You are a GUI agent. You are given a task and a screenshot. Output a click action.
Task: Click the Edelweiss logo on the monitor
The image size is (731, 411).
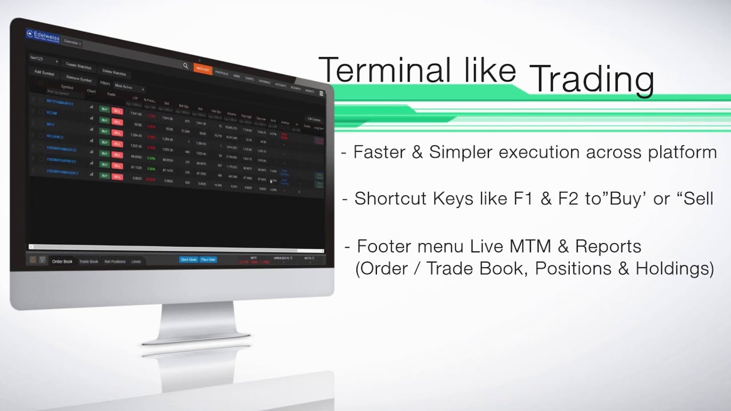[x=43, y=35]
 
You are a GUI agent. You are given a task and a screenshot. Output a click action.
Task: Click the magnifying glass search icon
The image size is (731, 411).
[x=186, y=66]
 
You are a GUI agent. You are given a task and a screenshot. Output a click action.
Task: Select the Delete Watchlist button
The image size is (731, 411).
[x=114, y=72]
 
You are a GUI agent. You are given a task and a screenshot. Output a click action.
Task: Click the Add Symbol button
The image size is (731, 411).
[x=45, y=72]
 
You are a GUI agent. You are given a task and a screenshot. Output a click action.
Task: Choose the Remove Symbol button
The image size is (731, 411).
[x=78, y=79]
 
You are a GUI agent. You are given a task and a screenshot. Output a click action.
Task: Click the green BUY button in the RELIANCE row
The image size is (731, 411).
[x=104, y=142]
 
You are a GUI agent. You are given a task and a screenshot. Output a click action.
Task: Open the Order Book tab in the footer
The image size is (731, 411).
[x=62, y=261]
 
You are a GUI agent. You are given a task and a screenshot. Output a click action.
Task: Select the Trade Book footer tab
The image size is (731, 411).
[x=89, y=261]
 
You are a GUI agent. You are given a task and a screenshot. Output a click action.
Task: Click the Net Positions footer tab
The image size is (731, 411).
[x=115, y=261]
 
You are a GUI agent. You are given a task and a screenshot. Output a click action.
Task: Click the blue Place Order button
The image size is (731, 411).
[x=208, y=260]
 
